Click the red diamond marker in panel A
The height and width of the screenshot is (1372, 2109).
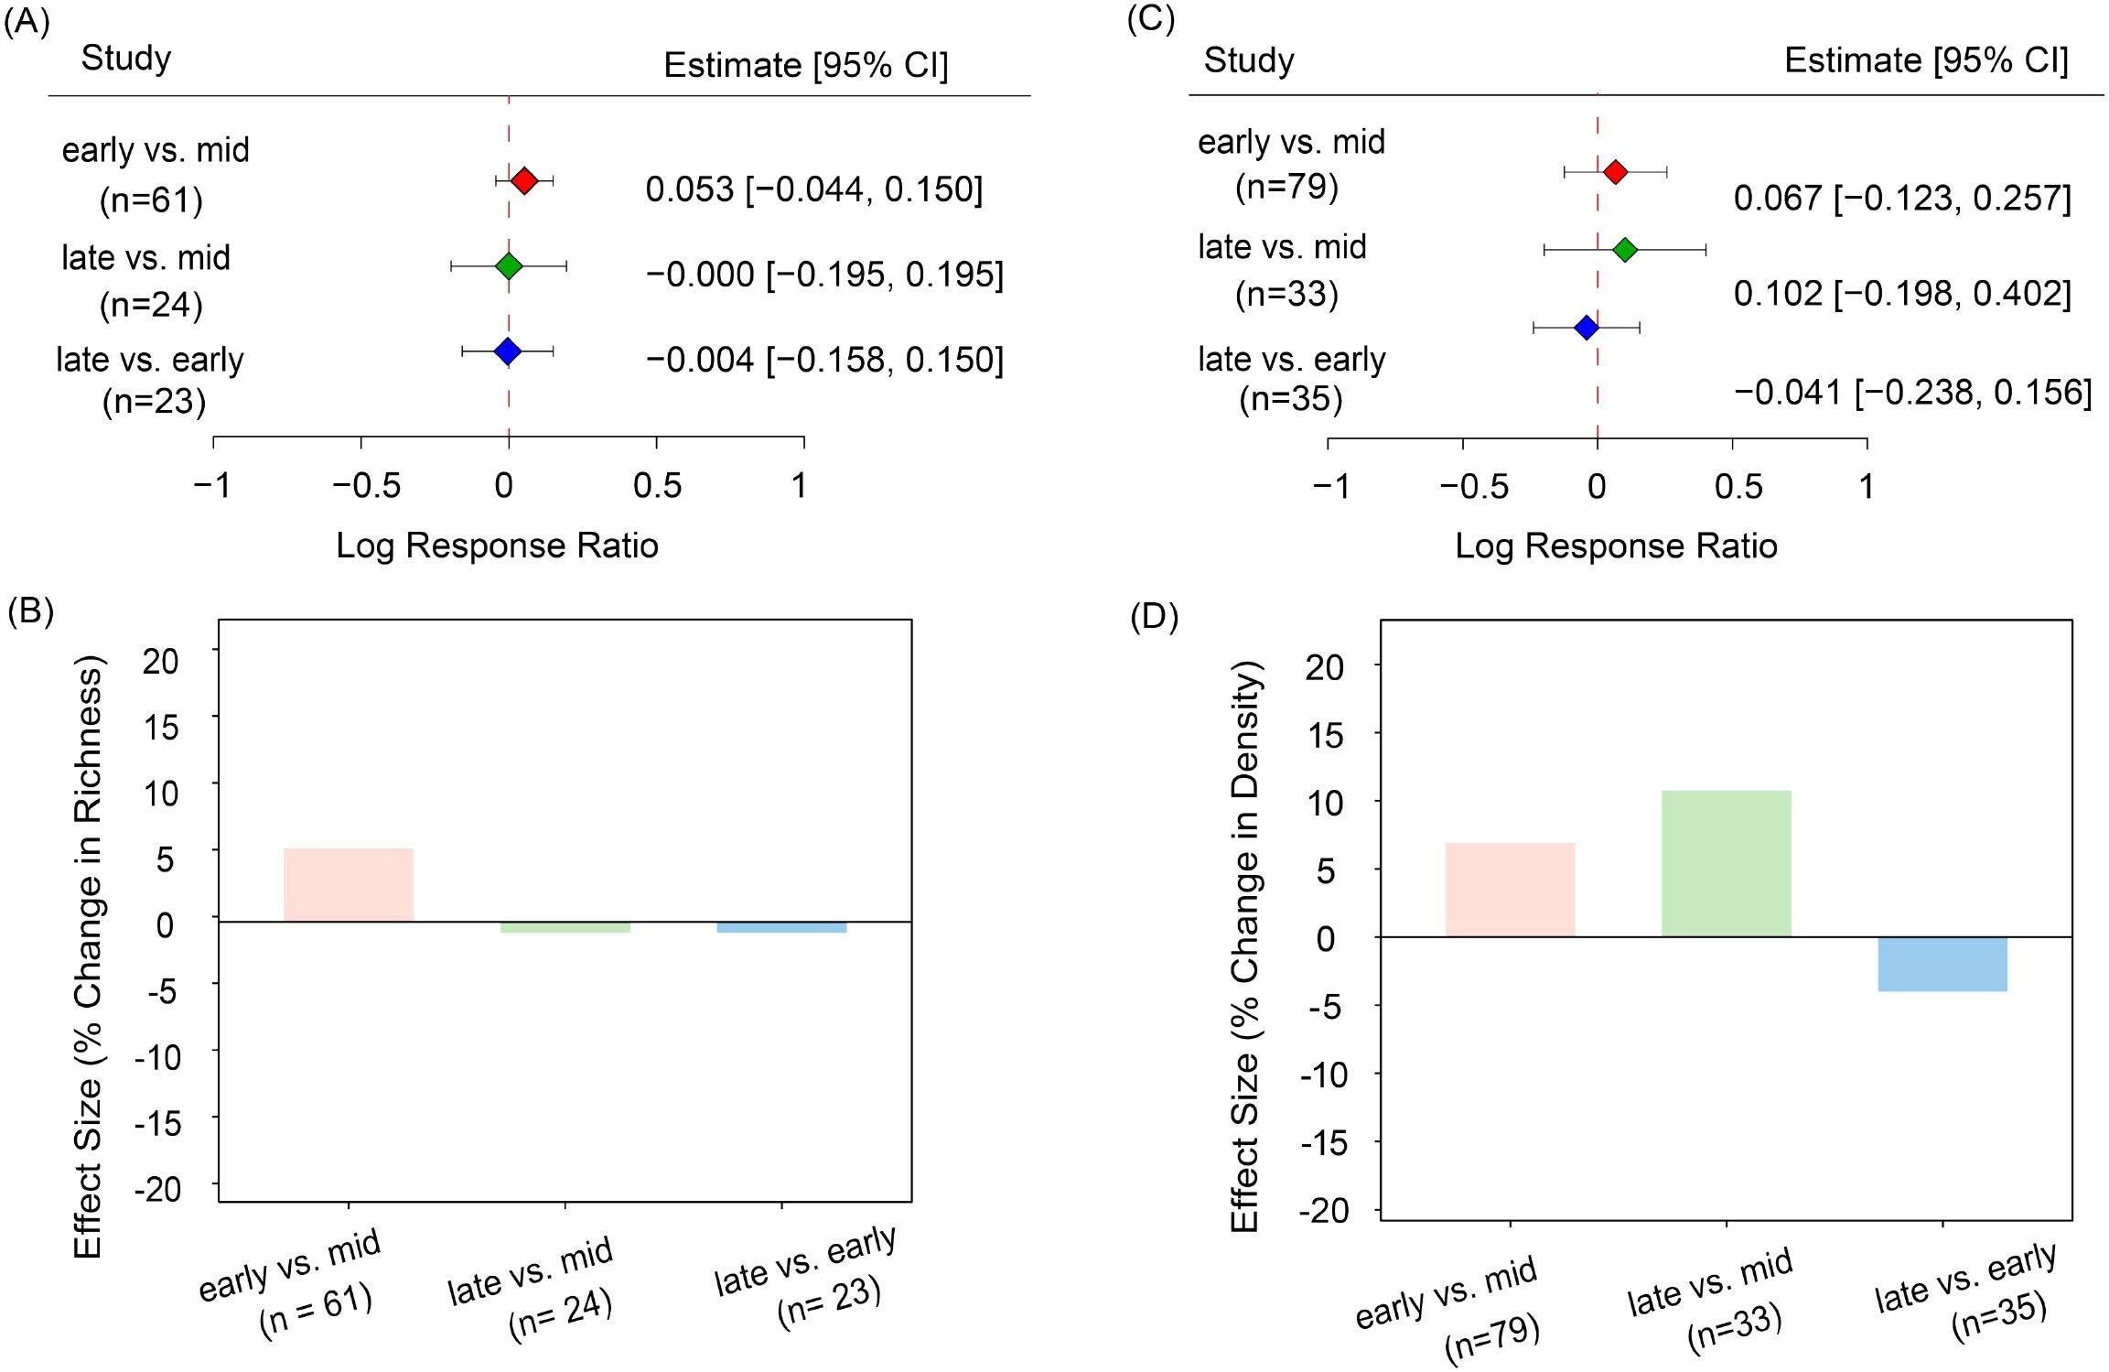(524, 180)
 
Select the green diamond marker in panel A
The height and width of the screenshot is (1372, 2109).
(509, 266)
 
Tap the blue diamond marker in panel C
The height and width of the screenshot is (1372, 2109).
(1587, 327)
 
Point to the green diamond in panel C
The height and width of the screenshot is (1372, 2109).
(1625, 249)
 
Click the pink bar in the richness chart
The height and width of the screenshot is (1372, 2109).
(348, 884)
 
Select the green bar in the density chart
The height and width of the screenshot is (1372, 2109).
(1726, 863)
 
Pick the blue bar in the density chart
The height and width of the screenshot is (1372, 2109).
(1942, 964)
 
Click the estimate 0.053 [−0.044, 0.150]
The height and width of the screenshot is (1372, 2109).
(813, 189)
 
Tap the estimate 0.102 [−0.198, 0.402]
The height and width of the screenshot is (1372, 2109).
(1901, 294)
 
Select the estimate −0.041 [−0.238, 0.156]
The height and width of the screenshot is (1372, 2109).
(1912, 393)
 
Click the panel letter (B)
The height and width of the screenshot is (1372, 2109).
(30, 610)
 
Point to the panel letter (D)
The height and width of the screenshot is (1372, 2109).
(1154, 617)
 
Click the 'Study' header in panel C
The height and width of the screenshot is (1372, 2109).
(1248, 60)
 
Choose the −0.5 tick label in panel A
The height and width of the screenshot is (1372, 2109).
(366, 486)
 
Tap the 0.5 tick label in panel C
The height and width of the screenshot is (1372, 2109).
(1738, 487)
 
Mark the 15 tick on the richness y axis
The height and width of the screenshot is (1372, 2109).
(161, 728)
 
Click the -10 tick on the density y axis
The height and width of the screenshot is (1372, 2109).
(1324, 1075)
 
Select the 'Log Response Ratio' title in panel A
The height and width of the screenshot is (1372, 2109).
(497, 546)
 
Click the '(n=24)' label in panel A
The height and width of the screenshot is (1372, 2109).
(151, 305)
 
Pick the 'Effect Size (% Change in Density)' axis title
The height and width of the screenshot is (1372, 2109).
(1245, 947)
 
